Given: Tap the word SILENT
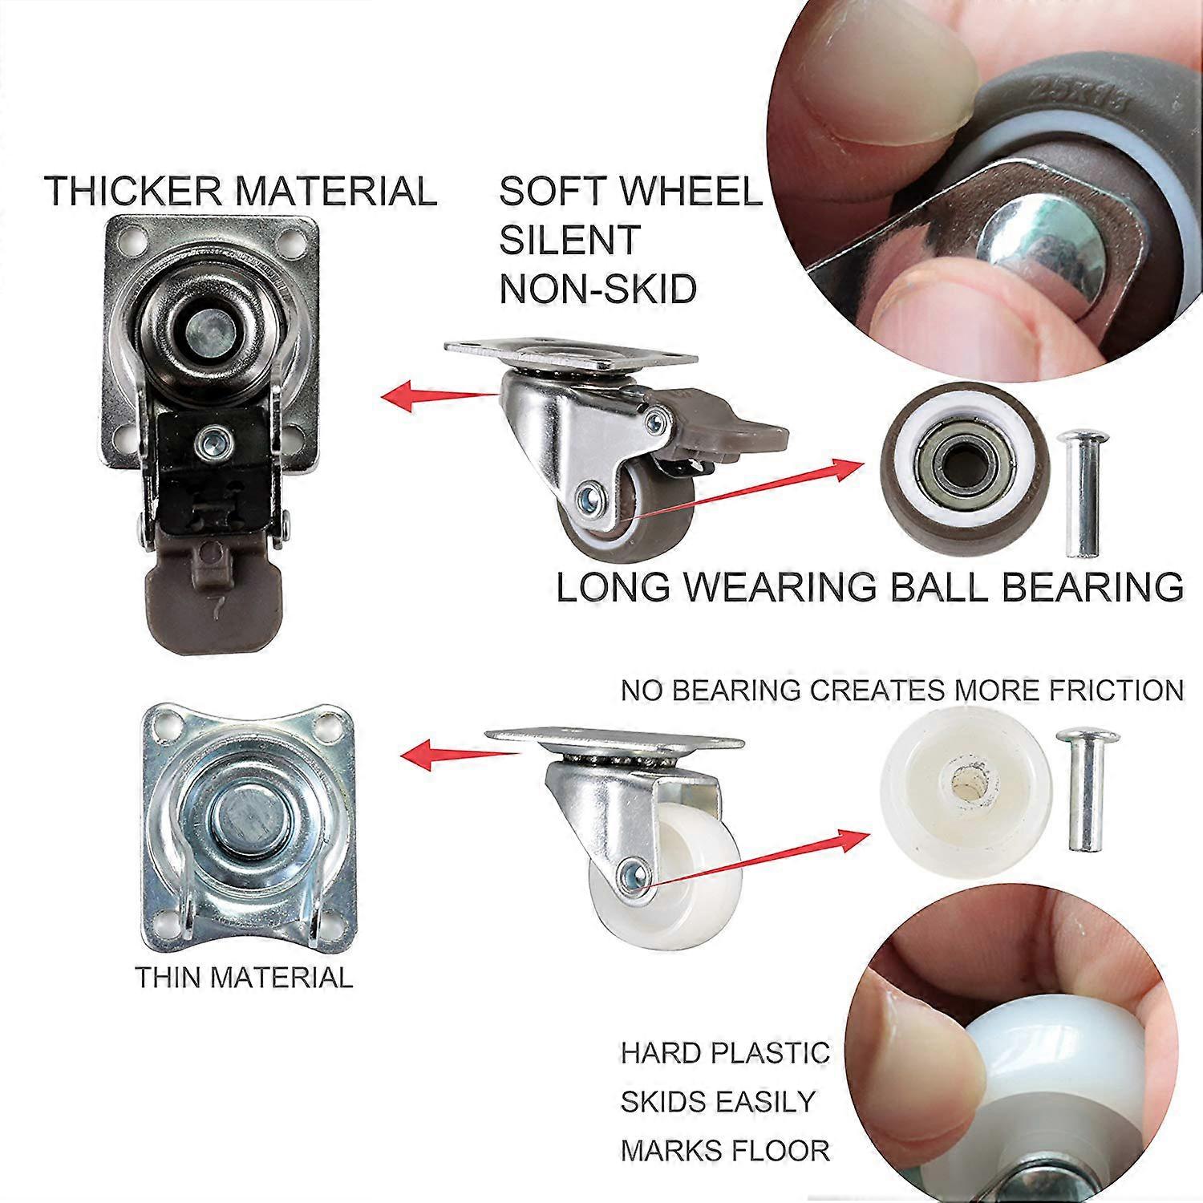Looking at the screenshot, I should click(x=569, y=240).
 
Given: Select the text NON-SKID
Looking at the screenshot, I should click(x=597, y=289).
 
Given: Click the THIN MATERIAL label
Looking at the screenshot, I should click(x=244, y=978).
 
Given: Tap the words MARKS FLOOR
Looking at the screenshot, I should click(x=725, y=1151).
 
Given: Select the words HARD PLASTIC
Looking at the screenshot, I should click(x=725, y=1052).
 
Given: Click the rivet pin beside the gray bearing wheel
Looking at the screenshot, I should click(x=1079, y=493).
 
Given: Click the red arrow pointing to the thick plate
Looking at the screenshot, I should click(x=441, y=395).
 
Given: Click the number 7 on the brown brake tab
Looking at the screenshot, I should click(x=215, y=608).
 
